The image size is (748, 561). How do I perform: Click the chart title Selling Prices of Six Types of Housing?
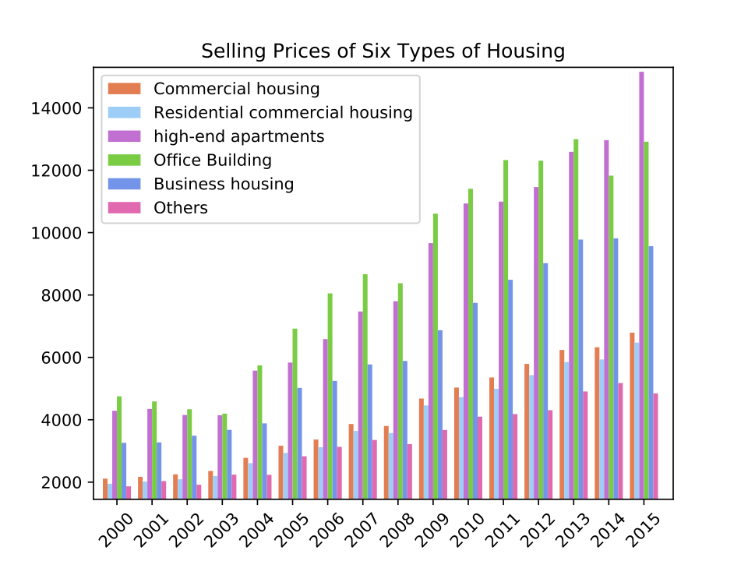(383, 51)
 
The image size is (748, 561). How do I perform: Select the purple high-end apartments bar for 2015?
(641, 285)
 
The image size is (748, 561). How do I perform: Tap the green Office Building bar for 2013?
(576, 319)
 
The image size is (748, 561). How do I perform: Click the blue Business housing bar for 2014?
(616, 369)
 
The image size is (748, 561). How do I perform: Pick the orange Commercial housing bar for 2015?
(632, 416)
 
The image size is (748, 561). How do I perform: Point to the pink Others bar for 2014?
(621, 441)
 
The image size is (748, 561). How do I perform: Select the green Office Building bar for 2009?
(436, 356)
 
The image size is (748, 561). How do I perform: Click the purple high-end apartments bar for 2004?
(256, 435)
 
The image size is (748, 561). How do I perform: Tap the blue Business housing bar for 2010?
(475, 400)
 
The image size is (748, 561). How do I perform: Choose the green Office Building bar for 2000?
(119, 447)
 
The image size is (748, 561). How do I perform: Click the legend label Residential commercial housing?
(283, 112)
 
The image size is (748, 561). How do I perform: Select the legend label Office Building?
(213, 161)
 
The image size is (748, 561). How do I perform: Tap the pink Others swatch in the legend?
(125, 208)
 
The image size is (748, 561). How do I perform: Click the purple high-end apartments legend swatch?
(125, 136)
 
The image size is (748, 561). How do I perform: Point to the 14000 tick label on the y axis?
(57, 109)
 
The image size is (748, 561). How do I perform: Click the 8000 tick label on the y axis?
(62, 296)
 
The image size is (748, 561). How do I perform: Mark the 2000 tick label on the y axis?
(62, 483)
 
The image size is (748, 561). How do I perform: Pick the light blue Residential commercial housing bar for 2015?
(637, 421)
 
